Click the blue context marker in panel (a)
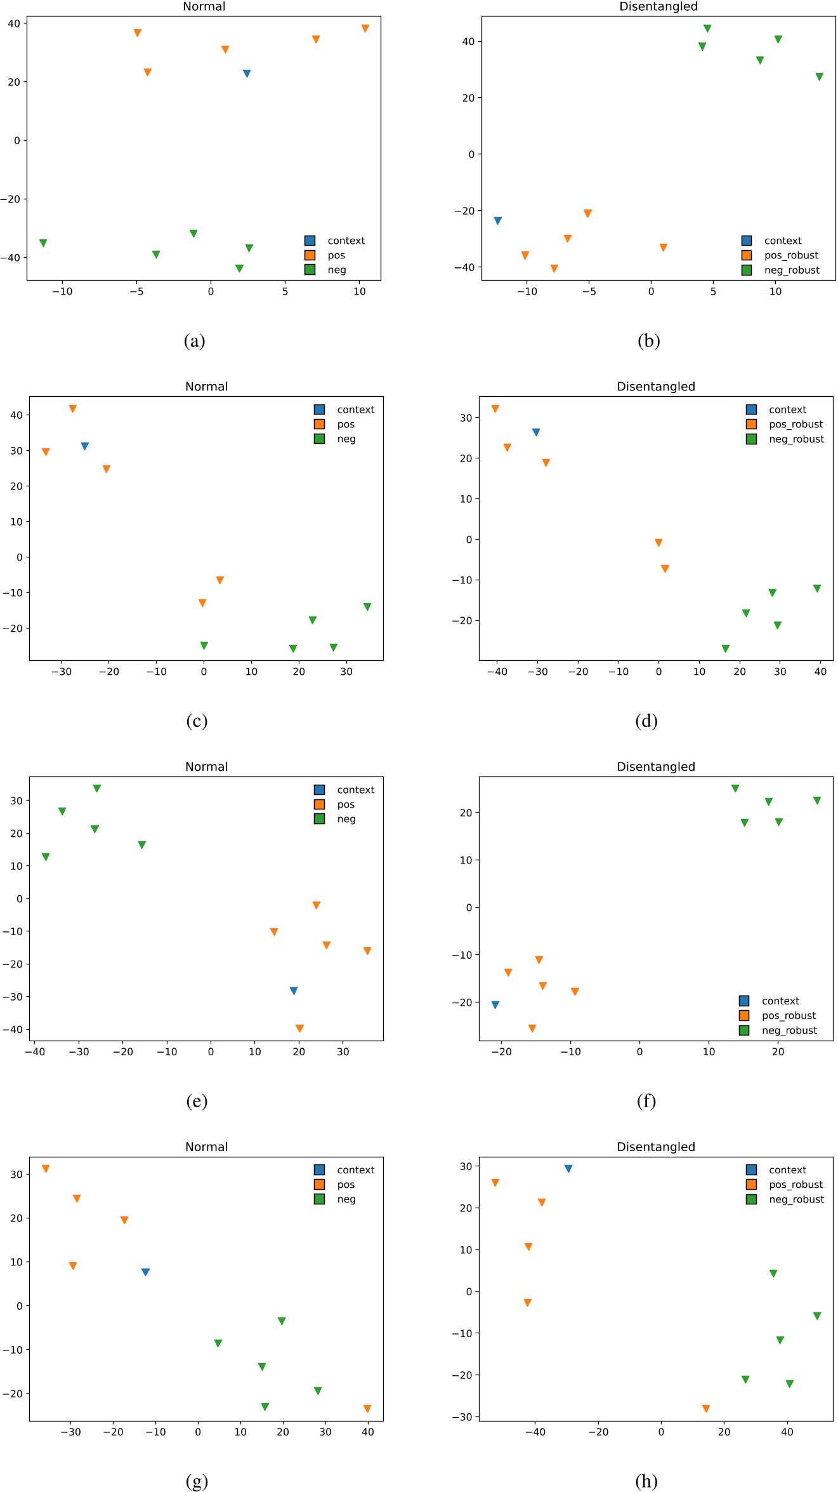coord(247,74)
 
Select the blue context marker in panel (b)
coord(498,221)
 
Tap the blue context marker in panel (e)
coord(294,991)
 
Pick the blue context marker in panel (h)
coord(568,1169)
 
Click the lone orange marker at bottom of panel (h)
coord(706,1409)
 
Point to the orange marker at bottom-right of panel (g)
coord(367,1409)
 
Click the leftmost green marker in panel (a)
coord(43,243)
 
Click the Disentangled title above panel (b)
coord(658,7)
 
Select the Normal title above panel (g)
coord(206,1147)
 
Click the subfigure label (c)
coord(197,721)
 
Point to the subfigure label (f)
coord(646,1101)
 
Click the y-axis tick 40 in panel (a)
coord(14,23)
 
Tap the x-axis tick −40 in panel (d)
coord(497,672)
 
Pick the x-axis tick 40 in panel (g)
coord(368,1432)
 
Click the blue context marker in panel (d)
coord(536,432)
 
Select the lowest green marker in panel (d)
coord(726,649)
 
